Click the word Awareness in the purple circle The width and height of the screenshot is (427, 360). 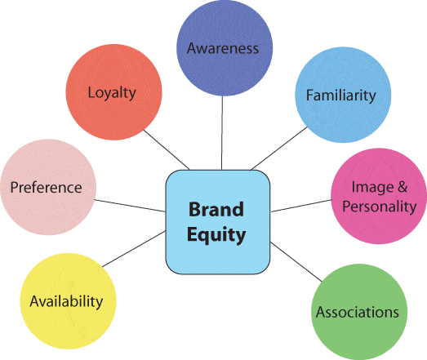[223, 48]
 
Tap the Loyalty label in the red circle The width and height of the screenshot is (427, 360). [112, 93]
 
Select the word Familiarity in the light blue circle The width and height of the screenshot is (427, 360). [341, 96]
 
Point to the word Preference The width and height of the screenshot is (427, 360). [46, 188]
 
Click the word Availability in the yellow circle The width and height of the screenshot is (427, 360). [66, 302]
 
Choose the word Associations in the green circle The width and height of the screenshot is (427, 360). [358, 312]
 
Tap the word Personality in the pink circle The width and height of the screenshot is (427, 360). [380, 207]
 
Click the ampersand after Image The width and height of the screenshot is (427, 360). [403, 187]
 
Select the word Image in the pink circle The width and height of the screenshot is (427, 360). [372, 188]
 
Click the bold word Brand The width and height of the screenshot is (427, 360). [216, 210]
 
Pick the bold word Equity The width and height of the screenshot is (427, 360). [216, 235]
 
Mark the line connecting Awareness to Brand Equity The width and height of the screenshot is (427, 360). [222, 133]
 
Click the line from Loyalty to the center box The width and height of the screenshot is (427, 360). [166, 149]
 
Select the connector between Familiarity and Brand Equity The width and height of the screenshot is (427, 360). [279, 149]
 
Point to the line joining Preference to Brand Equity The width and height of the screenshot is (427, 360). [130, 206]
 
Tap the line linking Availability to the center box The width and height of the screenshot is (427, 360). [134, 249]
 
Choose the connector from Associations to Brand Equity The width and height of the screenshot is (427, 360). [296, 261]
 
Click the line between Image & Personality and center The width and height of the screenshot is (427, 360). [301, 206]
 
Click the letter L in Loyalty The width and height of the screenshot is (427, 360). [91, 92]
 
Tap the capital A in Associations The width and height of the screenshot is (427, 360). [321, 312]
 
